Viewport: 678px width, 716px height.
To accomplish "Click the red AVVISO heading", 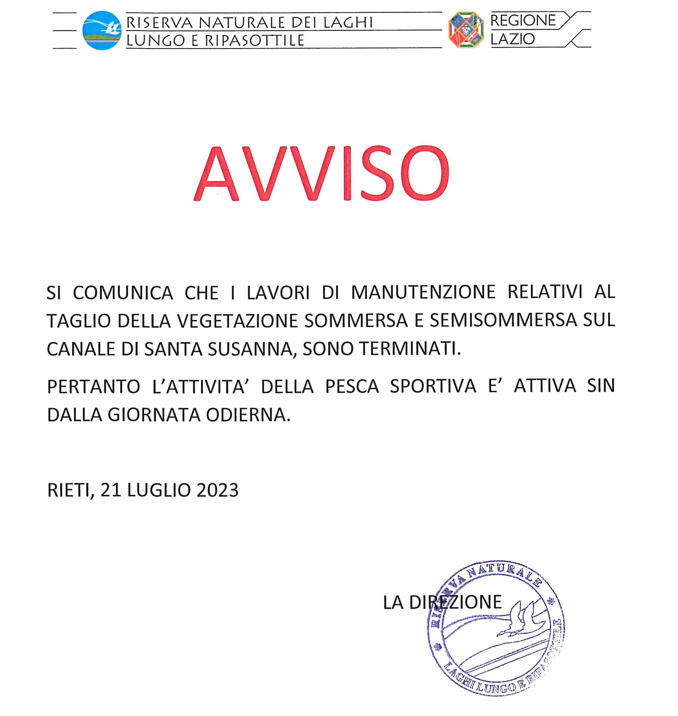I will (x=321, y=174).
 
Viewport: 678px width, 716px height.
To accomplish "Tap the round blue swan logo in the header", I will (x=101, y=30).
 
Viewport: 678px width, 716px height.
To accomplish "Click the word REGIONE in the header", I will (x=522, y=21).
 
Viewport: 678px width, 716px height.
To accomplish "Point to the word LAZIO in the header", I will (x=512, y=39).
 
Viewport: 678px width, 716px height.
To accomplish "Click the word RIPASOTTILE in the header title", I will (x=254, y=40).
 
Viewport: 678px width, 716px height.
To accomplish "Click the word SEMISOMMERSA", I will (x=503, y=320).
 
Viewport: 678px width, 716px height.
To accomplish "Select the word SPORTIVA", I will (x=433, y=386).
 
